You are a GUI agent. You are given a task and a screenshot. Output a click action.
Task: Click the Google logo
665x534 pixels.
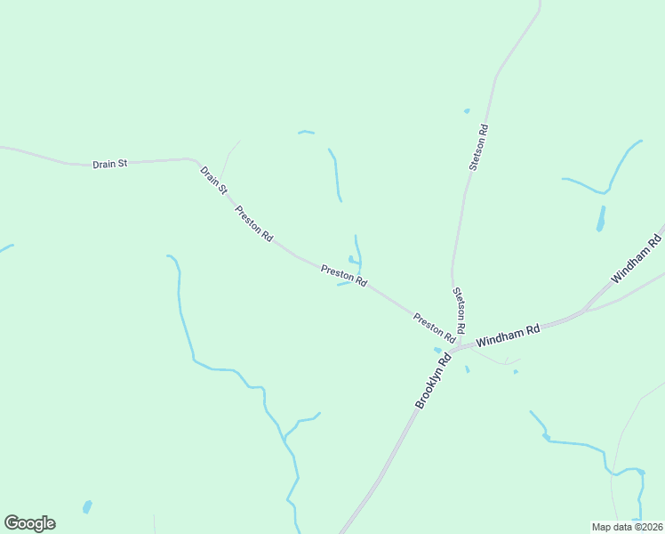(x=30, y=523)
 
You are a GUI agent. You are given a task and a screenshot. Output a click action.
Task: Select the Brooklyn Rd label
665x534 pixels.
(x=433, y=380)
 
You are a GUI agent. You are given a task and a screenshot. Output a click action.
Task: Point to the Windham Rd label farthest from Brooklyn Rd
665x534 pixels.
(x=637, y=259)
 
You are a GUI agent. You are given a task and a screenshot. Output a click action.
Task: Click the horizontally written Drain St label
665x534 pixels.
(x=110, y=164)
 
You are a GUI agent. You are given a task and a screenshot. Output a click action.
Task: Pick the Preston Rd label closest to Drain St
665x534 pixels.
(x=253, y=223)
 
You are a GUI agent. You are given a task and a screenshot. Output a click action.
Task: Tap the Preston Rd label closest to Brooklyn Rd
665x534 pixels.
(x=434, y=328)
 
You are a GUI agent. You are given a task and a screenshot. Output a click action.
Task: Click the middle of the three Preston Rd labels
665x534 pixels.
(x=344, y=276)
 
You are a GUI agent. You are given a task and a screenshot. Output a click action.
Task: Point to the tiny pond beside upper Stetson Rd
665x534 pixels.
(x=467, y=111)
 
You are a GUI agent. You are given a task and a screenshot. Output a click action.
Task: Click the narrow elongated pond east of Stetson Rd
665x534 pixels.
(x=601, y=219)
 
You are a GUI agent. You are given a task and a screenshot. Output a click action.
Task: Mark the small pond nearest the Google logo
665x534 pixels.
(x=86, y=507)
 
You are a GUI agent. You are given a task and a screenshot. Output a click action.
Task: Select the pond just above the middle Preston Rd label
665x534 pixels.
(x=352, y=260)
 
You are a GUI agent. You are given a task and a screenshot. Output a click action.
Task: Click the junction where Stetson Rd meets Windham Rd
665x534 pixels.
(x=469, y=343)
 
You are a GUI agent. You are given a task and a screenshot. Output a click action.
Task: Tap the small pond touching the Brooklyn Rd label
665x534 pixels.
(x=437, y=350)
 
